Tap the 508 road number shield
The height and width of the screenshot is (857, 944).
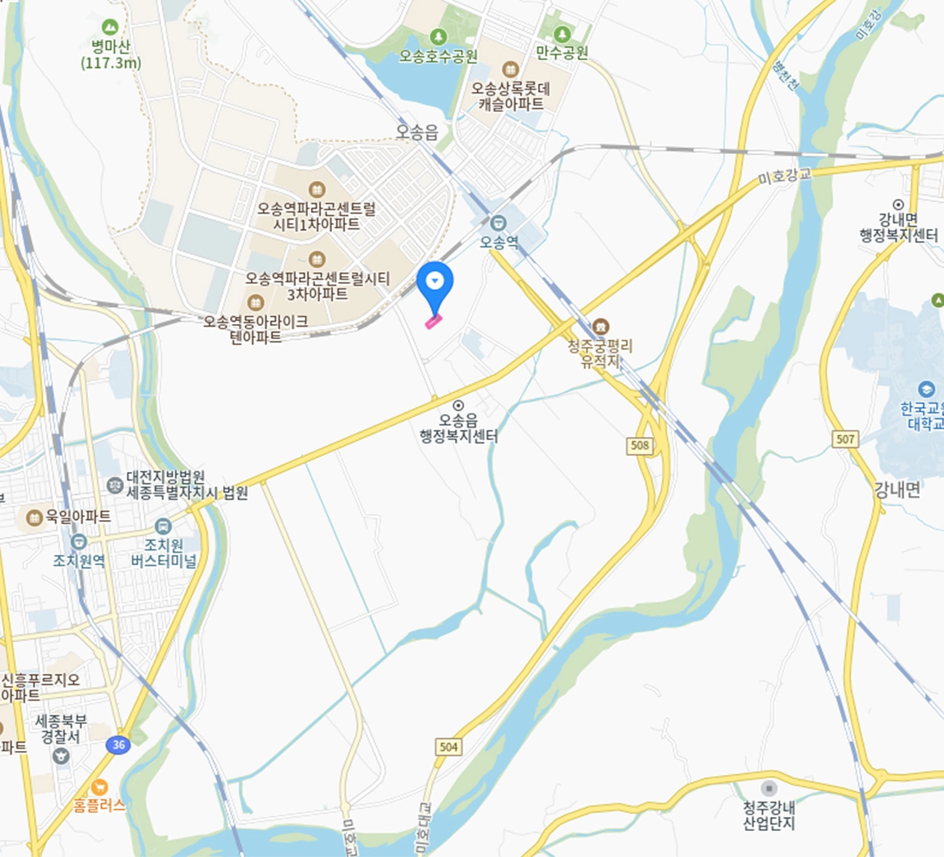640,445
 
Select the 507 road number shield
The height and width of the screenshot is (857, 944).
845,439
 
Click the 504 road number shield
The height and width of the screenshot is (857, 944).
449,747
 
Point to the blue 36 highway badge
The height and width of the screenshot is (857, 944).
118,744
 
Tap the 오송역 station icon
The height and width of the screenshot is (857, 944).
498,223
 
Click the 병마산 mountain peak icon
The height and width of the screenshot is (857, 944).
110,28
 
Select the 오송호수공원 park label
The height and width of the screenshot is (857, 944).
438,56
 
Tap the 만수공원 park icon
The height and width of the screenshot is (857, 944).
561,34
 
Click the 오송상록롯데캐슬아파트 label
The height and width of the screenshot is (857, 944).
510,96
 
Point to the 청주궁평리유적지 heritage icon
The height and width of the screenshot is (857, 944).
600,328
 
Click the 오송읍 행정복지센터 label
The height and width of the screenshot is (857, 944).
458,428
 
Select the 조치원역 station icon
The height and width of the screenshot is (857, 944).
78,542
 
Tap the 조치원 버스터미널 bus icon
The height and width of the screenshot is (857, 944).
163,526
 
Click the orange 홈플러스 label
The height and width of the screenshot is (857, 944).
99,805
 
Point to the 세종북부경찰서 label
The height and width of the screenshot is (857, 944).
62,728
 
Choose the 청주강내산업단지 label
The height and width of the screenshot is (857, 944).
769,815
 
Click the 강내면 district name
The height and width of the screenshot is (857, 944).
897,490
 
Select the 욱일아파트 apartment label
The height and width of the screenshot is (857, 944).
78,516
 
